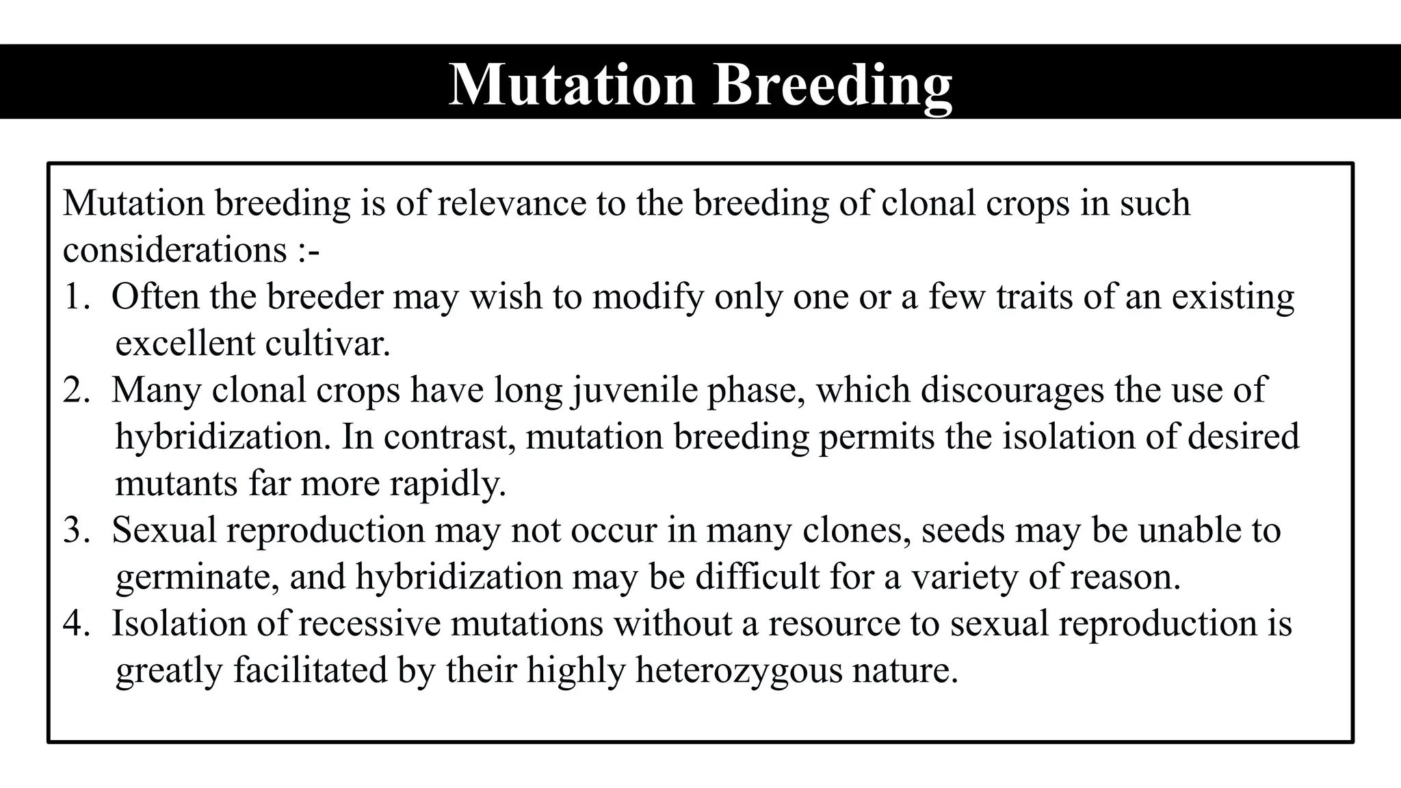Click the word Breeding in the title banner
pos(833,85)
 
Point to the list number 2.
pos(75,391)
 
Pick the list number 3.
pos(75,531)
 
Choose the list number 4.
pos(75,624)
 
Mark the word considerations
pos(175,250)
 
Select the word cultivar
pos(328,343)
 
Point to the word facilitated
pos(310,671)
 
